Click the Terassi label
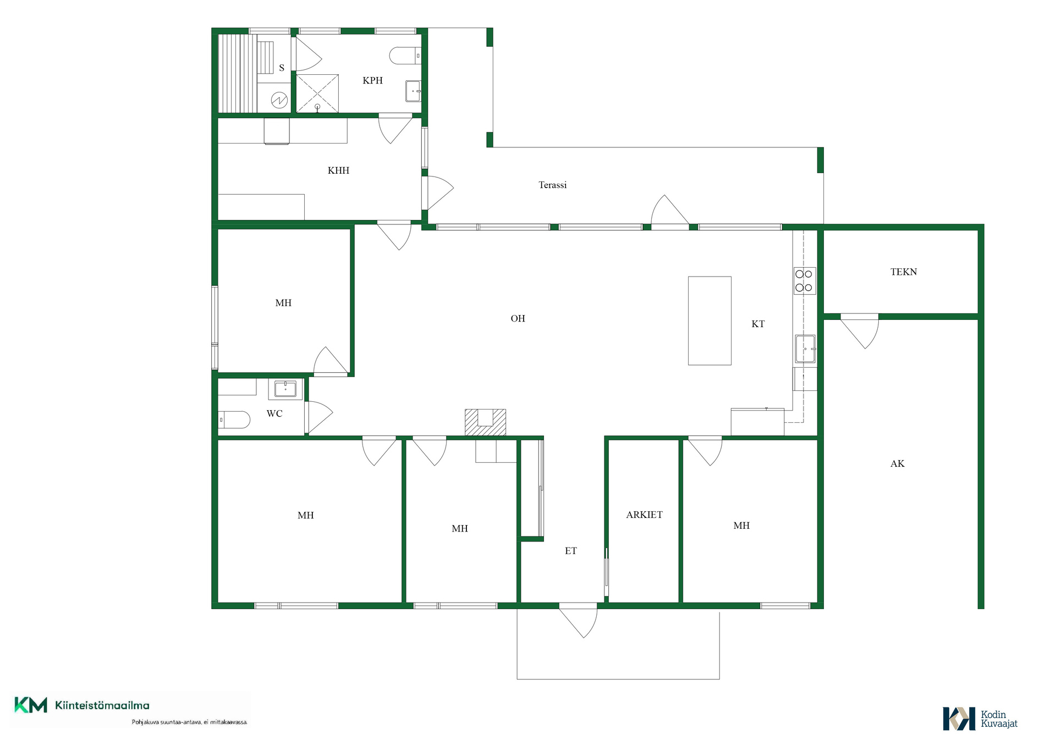point(552,185)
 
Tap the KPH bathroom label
point(372,80)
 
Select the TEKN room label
point(904,272)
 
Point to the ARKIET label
point(644,515)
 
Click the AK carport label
point(897,463)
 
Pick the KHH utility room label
point(338,170)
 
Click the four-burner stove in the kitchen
point(804,281)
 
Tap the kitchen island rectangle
point(710,320)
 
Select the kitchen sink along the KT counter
point(805,349)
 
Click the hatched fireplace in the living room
point(485,422)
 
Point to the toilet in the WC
point(234,419)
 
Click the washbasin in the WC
point(285,389)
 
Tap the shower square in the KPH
point(317,93)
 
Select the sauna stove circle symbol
point(279,100)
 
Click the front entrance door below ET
point(578,621)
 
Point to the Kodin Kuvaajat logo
point(980,719)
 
